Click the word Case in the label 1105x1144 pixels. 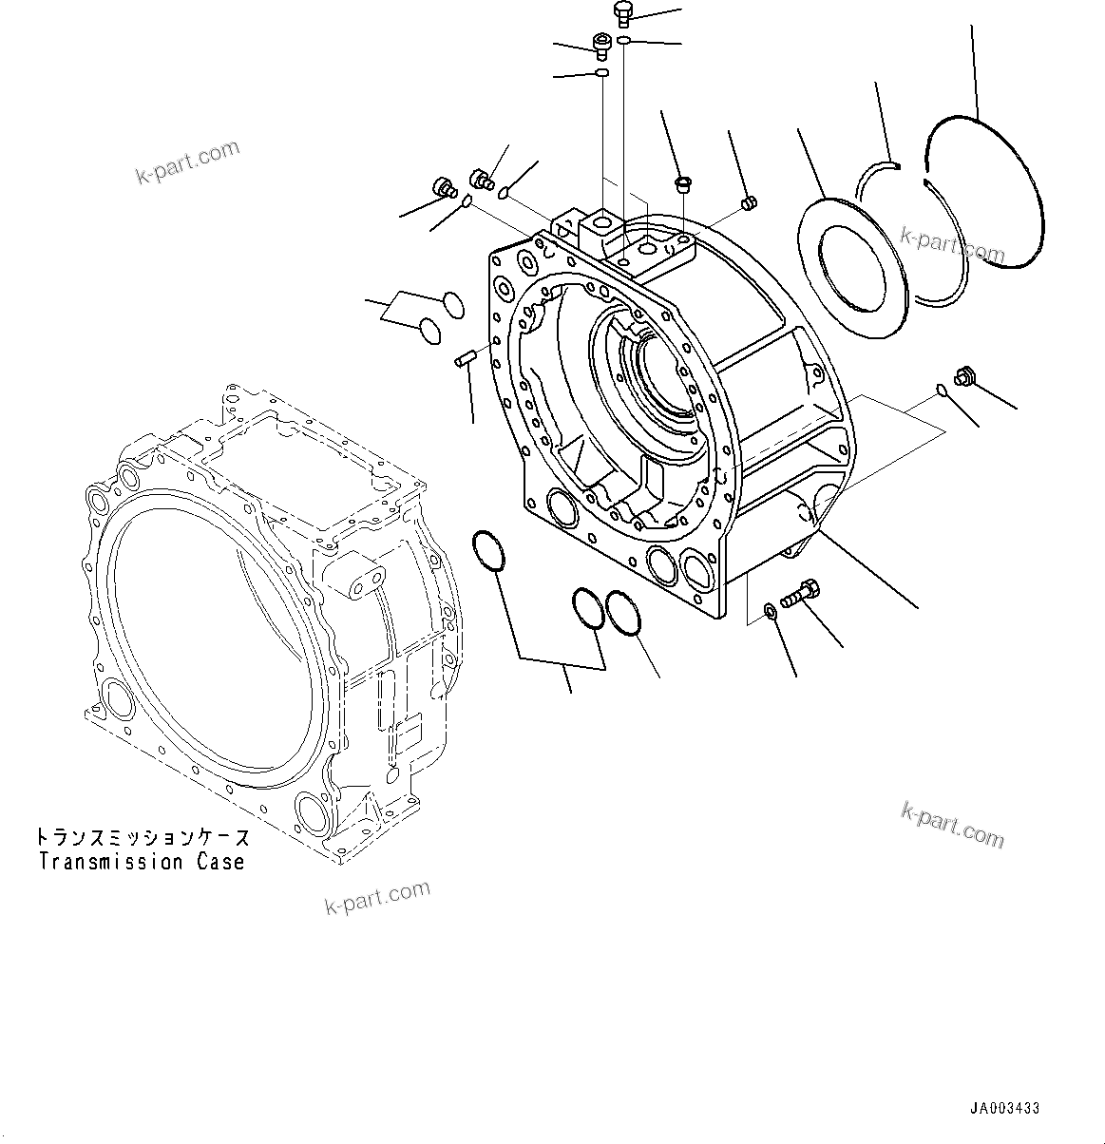[x=222, y=862]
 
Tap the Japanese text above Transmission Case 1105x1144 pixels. [x=143, y=837]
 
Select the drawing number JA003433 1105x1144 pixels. [x=1004, y=1108]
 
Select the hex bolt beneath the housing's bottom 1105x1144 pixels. [x=797, y=594]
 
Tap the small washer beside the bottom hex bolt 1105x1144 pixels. [x=770, y=609]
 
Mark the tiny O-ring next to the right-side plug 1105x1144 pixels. [x=940, y=387]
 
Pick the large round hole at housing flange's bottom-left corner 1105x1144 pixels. [x=562, y=508]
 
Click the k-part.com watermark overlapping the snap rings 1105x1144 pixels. [x=952, y=244]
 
